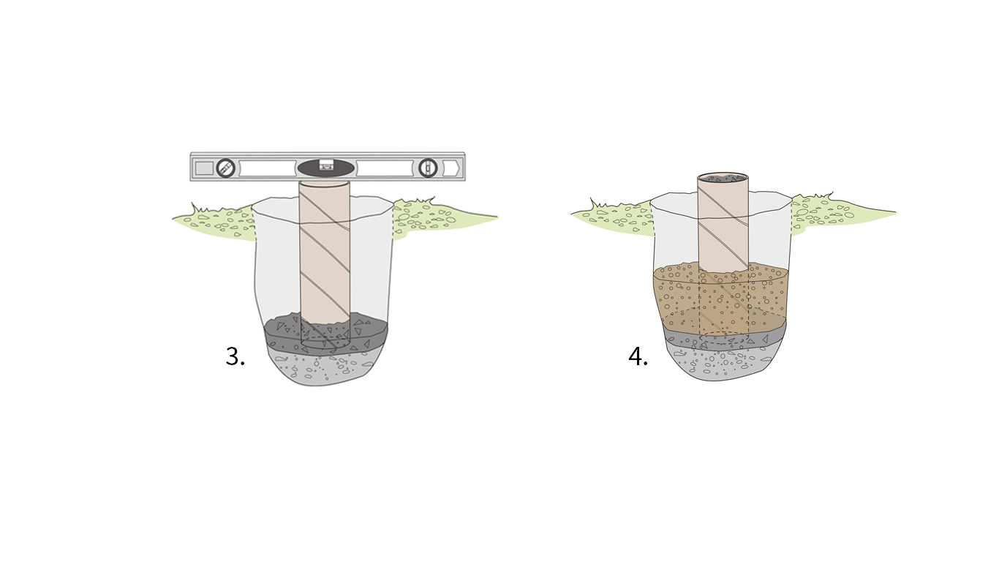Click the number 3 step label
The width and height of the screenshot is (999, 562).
pos(235,356)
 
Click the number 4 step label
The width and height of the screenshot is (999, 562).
pos(638,356)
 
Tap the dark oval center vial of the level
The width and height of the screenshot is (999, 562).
pos(327,167)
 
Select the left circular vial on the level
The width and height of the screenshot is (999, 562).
pos(226,168)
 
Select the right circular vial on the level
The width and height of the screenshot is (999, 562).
pos(428,168)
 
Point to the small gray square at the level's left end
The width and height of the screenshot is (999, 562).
pos(204,168)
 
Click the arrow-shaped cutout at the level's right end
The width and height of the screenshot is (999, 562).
pos(452,168)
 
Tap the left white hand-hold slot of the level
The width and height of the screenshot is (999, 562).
pos(268,168)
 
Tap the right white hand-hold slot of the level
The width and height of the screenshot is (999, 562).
pos(385,168)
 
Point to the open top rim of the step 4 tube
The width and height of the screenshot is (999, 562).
pos(723,178)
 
